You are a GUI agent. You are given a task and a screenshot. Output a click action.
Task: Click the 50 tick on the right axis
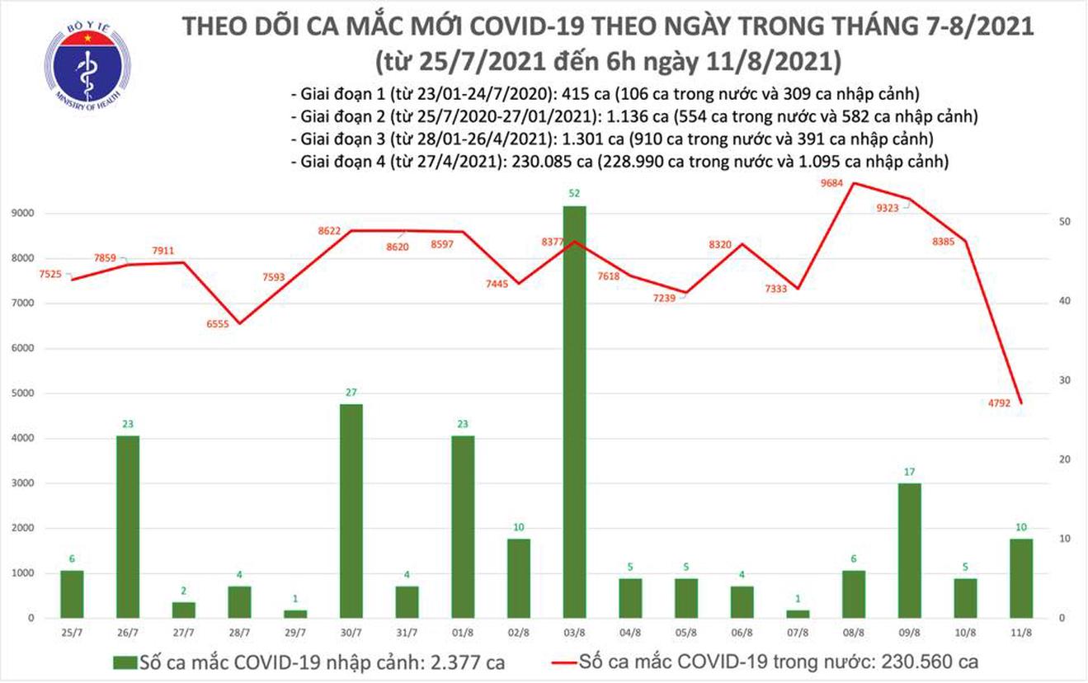click(1041, 222)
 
